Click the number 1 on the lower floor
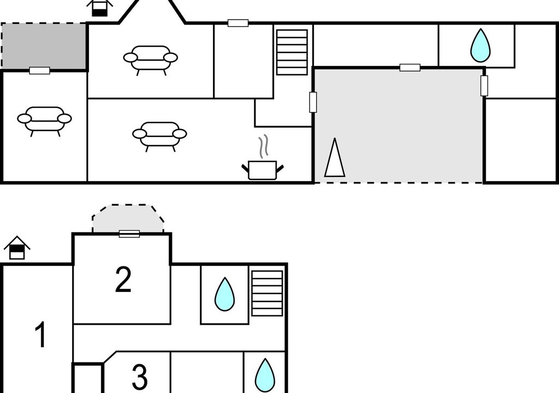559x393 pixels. click(41, 334)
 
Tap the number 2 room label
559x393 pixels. click(123, 279)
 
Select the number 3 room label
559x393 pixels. click(139, 377)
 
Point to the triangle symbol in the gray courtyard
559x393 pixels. click(335, 158)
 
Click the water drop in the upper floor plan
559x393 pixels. click(480, 45)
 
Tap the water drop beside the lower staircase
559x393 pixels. click(224, 294)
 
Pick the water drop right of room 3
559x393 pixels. click(265, 375)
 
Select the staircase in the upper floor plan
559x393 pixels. click(292, 52)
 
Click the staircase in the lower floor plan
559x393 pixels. click(267, 293)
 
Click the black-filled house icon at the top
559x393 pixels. click(100, 8)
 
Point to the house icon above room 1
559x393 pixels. click(17, 247)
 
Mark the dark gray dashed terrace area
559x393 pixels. click(44, 46)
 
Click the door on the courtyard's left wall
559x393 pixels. click(313, 102)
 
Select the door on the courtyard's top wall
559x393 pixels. click(410, 67)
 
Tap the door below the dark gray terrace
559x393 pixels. click(39, 70)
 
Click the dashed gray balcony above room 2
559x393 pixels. click(128, 218)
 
